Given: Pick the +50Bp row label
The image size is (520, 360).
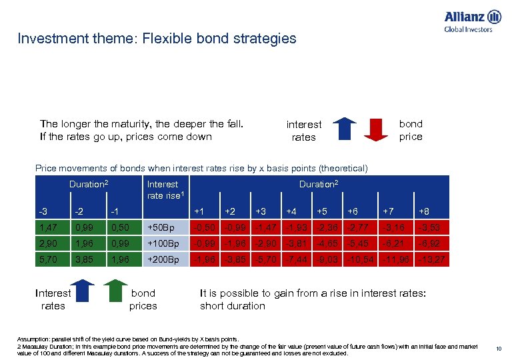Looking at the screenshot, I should point(160,227).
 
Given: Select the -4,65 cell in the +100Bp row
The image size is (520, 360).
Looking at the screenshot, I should point(327,243).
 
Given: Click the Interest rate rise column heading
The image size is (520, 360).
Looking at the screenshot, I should point(163,189).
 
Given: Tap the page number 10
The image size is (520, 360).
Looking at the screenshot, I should point(499,347).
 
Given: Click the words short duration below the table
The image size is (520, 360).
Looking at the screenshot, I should point(233,306).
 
